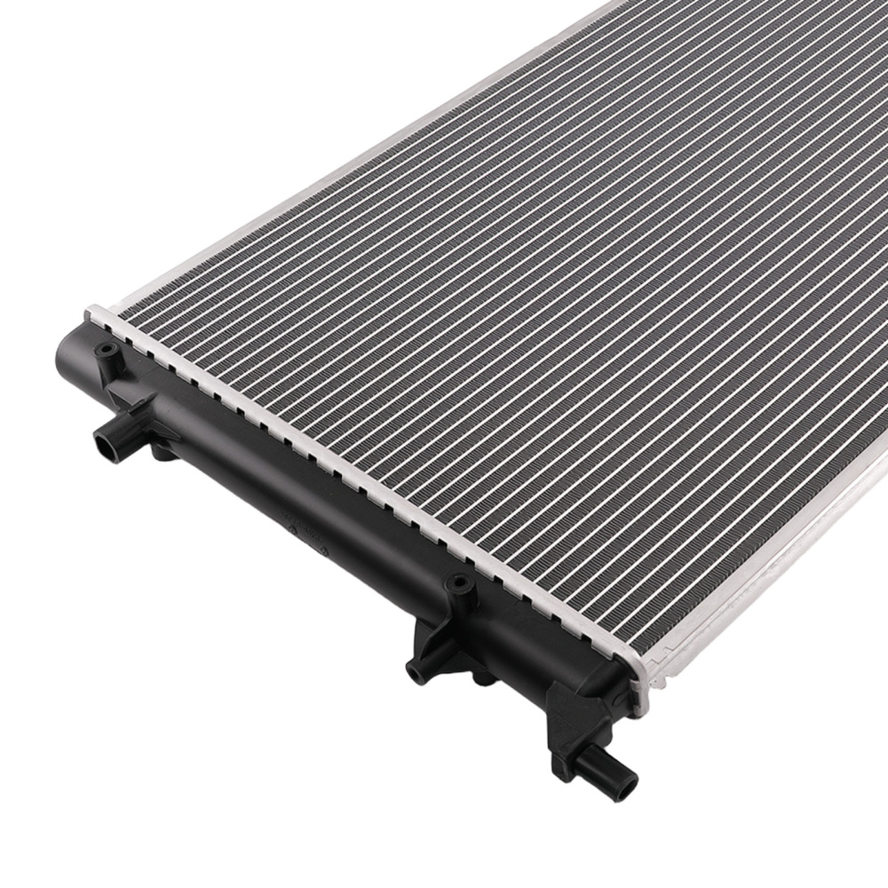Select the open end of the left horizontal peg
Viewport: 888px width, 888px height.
pyautogui.click(x=103, y=440)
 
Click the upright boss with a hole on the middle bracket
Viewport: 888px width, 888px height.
pyautogui.click(x=459, y=586)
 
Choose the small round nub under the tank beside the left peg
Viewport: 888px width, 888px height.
pyautogui.click(x=163, y=453)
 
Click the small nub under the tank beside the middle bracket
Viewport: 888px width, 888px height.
pyautogui.click(x=484, y=679)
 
